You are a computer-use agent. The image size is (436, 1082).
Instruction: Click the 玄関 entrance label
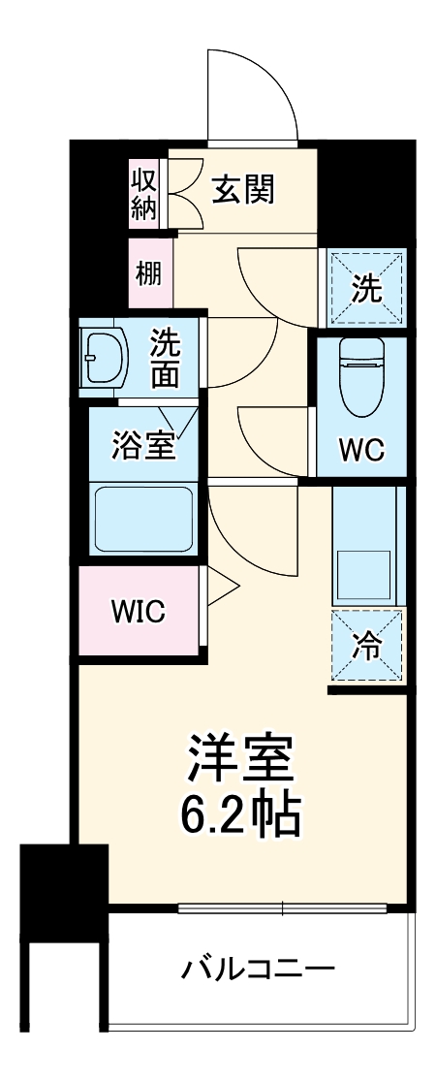pos(244,190)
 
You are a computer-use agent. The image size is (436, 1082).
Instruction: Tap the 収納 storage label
pos(143,194)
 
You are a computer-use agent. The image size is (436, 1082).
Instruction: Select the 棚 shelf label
pos(148,273)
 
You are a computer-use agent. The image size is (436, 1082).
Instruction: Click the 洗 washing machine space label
pos(366,288)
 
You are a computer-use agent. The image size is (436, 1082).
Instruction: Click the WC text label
pos(361,449)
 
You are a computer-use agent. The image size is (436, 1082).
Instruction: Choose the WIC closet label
pos(138,612)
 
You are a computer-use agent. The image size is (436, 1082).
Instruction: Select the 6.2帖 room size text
pos(240,816)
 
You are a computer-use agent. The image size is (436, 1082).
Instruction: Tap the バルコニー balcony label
pos(259,970)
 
